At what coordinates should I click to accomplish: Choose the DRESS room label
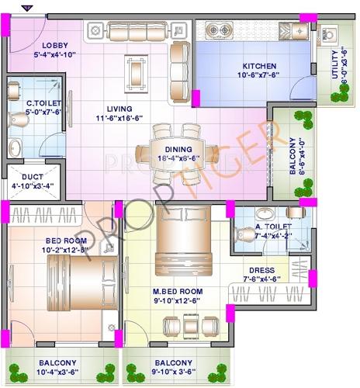click(x=267, y=269)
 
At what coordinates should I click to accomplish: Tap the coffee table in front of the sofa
click(x=137, y=72)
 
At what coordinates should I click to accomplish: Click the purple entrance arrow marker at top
click(x=28, y=8)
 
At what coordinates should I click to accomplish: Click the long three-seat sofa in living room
click(x=137, y=32)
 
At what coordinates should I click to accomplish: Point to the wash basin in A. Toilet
click(x=263, y=214)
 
